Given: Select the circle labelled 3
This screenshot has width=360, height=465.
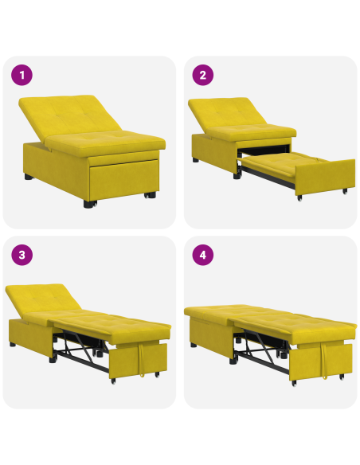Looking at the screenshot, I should click(x=22, y=256).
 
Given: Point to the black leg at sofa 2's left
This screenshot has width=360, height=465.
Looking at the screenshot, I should click(x=195, y=160).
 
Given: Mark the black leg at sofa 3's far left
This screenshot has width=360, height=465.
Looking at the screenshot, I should click(x=14, y=346).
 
